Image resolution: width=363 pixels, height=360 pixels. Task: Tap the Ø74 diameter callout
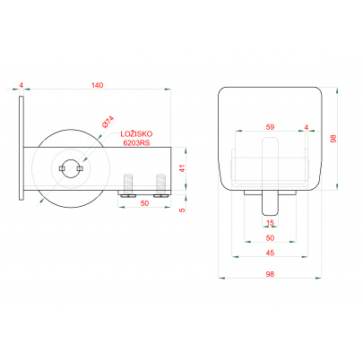(107, 122)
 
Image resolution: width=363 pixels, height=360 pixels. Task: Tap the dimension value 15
(269, 224)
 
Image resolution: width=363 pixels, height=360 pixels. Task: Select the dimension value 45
(269, 253)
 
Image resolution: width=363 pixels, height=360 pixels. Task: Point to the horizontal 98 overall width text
(269, 277)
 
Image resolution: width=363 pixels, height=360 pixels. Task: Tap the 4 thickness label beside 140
(20, 85)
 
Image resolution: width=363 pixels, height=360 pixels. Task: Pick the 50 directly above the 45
(269, 238)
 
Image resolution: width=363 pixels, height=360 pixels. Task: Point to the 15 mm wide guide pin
(269, 203)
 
